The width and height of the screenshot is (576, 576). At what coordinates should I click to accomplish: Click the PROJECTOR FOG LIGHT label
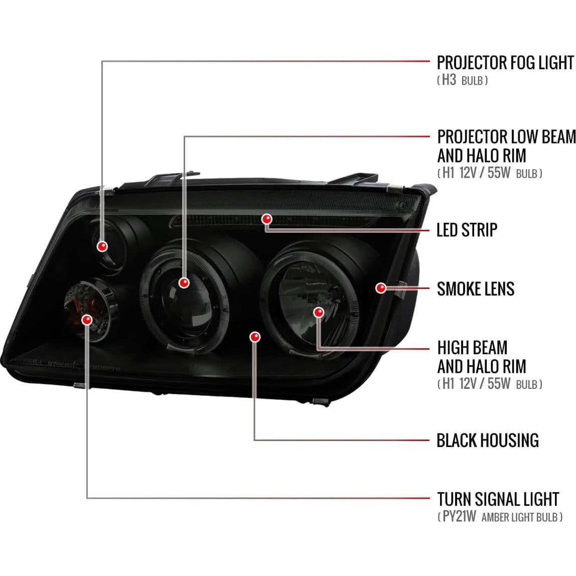[505, 63]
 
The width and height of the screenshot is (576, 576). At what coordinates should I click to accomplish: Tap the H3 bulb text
[462, 80]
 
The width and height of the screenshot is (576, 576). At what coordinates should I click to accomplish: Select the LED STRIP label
[467, 230]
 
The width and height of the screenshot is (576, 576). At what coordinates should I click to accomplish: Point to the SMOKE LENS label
[476, 289]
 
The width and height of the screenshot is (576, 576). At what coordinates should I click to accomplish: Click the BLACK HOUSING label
[487, 441]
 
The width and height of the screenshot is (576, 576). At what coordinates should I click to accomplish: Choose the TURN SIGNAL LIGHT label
[498, 499]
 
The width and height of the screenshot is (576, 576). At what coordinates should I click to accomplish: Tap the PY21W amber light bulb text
[500, 517]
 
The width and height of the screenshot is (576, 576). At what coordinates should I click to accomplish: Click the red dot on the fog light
[102, 246]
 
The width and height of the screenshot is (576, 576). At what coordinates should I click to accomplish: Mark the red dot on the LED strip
[266, 219]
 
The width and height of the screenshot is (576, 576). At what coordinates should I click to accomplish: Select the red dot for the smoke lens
[381, 287]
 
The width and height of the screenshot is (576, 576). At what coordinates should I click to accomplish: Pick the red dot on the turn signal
[88, 319]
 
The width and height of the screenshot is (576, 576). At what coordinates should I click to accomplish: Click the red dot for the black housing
[255, 337]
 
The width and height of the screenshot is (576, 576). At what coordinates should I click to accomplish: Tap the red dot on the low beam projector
[184, 282]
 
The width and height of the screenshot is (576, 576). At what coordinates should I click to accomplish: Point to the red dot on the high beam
[318, 312]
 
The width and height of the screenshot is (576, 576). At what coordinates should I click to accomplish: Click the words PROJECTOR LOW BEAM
[506, 136]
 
